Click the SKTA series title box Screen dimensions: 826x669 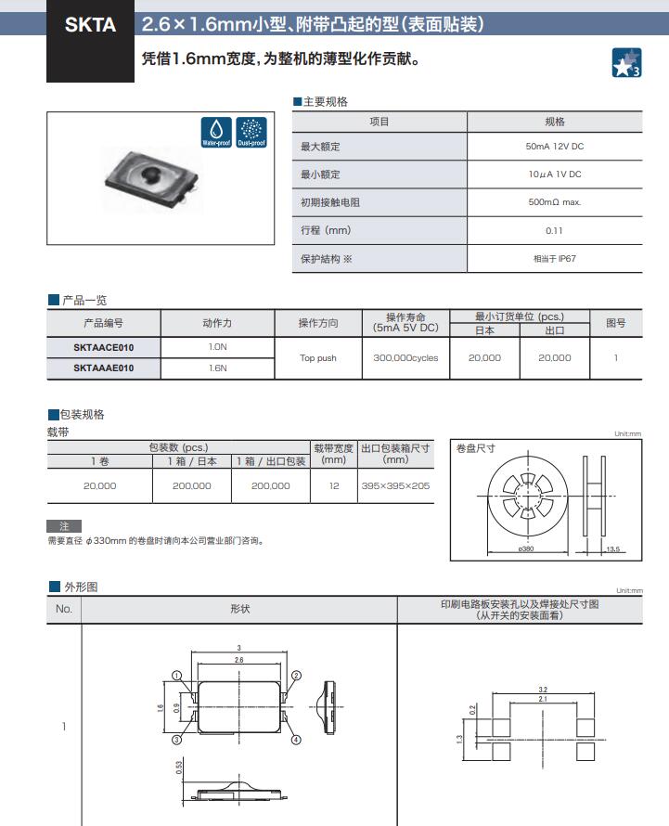click(91, 26)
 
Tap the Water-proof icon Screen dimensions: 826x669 click(216, 132)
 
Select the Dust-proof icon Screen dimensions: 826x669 click(251, 132)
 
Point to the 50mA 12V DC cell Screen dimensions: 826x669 click(554, 147)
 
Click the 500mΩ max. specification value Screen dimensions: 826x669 click(554, 202)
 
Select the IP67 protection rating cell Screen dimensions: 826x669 click(554, 258)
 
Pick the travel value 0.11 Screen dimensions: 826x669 click(554, 230)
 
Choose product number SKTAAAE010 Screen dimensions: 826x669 click(103, 368)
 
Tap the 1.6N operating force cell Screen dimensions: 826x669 click(217, 368)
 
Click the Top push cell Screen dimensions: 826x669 click(318, 357)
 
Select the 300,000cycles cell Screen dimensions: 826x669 click(405, 357)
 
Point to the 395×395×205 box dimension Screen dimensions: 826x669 click(395, 485)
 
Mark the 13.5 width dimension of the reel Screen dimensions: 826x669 click(612, 549)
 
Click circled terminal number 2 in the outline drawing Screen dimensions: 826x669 click(296, 676)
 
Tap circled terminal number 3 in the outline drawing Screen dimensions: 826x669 click(175, 740)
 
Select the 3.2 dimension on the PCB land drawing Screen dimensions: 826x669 click(543, 690)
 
